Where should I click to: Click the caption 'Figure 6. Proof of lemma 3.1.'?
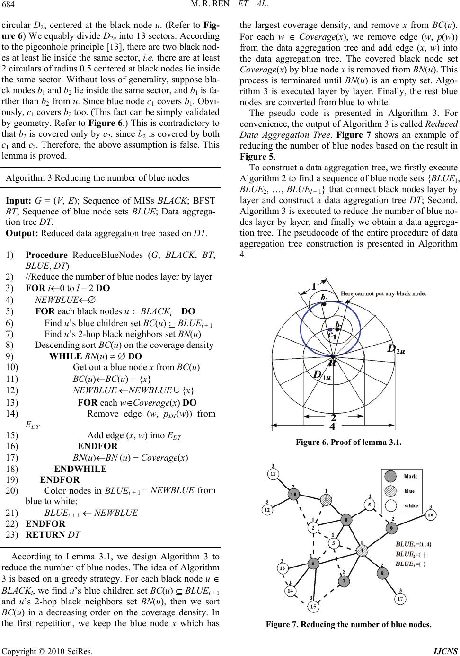pyautogui.click(x=348, y=443)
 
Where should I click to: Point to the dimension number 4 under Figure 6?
pyautogui.click(x=332, y=426)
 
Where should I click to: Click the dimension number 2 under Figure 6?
pyautogui.click(x=333, y=417)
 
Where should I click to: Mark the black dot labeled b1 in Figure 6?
pyautogui.click(x=325, y=305)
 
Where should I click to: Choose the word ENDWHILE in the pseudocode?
pyautogui.click(x=80, y=469)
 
